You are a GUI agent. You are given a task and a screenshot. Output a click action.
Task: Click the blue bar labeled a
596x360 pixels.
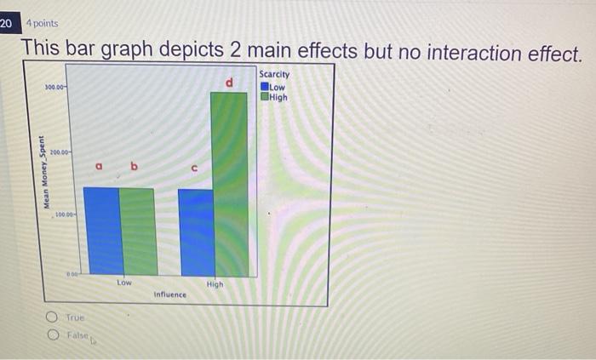(x=101, y=231)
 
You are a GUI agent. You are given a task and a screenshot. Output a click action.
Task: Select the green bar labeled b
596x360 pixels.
(x=137, y=231)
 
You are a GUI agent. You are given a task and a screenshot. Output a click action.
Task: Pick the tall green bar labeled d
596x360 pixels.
(x=230, y=183)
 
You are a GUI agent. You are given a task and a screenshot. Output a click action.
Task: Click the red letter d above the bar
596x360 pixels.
(x=228, y=83)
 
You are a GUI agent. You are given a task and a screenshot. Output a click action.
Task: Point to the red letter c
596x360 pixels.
(x=194, y=169)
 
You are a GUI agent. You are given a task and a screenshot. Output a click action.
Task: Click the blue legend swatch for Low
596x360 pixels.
(x=265, y=86)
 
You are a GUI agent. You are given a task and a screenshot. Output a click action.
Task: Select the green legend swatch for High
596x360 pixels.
(x=265, y=96)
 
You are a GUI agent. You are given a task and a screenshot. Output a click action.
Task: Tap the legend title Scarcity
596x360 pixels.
(x=279, y=75)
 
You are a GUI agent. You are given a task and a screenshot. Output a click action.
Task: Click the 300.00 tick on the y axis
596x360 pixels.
(x=55, y=87)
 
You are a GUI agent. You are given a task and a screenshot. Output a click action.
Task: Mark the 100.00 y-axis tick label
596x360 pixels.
(x=65, y=215)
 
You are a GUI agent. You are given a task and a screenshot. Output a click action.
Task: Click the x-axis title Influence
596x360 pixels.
(x=169, y=294)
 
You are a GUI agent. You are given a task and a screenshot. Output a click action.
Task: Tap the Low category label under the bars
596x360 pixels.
(x=124, y=282)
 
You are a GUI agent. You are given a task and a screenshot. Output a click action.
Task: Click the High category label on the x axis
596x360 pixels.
(x=215, y=284)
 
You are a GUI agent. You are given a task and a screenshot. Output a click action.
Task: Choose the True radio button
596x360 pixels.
(x=53, y=317)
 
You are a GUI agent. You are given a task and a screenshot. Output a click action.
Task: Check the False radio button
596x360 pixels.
(x=53, y=334)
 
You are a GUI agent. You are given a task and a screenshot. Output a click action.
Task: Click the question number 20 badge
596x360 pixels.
(x=7, y=23)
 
